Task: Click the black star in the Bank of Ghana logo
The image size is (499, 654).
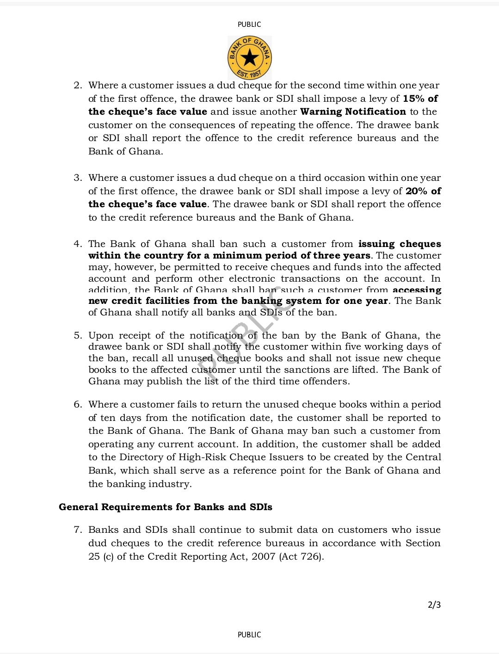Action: click(250, 58)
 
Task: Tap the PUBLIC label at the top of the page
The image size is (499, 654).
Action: click(249, 25)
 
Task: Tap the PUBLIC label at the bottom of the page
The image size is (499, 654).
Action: click(249, 635)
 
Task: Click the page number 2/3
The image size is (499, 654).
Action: click(434, 605)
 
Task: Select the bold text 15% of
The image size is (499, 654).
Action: click(420, 99)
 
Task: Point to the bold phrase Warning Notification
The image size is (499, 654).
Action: click(353, 111)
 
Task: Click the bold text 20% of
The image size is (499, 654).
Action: click(423, 191)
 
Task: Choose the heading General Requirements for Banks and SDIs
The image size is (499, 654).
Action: click(166, 507)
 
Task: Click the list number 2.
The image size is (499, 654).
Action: click(78, 86)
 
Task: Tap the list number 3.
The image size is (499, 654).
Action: click(78, 178)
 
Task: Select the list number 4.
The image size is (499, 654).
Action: click(78, 244)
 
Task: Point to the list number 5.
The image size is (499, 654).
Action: click(78, 336)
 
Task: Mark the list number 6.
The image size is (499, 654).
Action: click(78, 405)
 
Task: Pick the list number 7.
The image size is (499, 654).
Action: click(78, 530)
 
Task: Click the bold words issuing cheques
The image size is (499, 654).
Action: click(400, 244)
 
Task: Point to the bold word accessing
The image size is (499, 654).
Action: click(417, 290)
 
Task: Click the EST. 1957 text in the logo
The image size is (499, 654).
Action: click(249, 73)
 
